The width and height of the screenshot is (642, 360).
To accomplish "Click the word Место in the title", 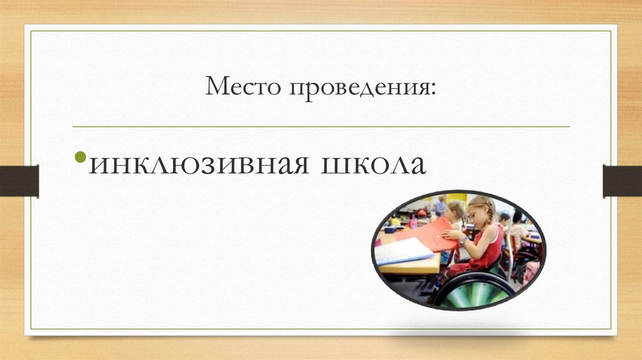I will (x=242, y=88).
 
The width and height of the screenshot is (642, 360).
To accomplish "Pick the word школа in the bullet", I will (x=373, y=164).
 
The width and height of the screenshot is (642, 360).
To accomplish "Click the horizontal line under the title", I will (x=321, y=126).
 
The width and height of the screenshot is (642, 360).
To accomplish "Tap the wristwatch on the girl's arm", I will (x=463, y=240).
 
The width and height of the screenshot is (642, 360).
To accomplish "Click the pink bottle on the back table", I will (x=413, y=221).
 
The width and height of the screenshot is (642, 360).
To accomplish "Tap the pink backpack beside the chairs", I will (x=532, y=271).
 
